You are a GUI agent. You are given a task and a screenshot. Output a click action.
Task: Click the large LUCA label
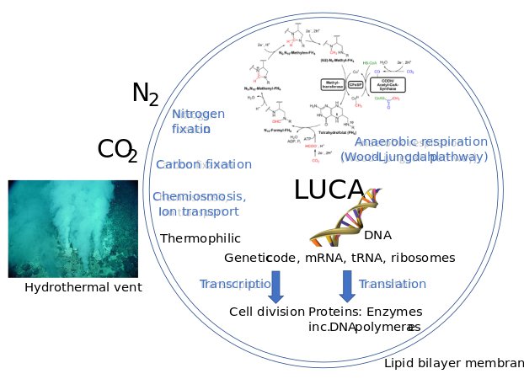[329, 190]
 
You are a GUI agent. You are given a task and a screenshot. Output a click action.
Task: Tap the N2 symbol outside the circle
[145, 93]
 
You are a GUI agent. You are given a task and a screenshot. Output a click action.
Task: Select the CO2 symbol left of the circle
[117, 150]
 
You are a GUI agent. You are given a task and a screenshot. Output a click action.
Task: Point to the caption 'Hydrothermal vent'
[83, 287]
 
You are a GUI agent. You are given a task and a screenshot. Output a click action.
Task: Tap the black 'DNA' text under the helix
[377, 236]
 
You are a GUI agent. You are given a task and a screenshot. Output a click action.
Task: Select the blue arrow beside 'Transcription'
[275, 286]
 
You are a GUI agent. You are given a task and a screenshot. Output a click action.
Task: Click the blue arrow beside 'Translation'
[346, 286]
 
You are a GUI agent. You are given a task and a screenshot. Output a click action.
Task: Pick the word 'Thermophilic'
[201, 238]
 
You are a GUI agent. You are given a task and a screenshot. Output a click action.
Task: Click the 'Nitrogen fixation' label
[198, 121]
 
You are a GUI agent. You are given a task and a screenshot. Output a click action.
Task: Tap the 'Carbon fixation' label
[204, 164]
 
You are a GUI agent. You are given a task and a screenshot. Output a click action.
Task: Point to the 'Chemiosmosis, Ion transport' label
[199, 204]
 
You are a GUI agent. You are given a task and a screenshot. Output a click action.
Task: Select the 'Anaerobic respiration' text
[420, 141]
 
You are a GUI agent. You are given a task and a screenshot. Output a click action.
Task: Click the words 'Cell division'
[267, 312]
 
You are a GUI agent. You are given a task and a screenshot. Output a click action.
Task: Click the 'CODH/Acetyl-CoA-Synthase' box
[388, 84]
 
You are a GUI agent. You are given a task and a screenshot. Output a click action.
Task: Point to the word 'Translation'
[393, 284]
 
